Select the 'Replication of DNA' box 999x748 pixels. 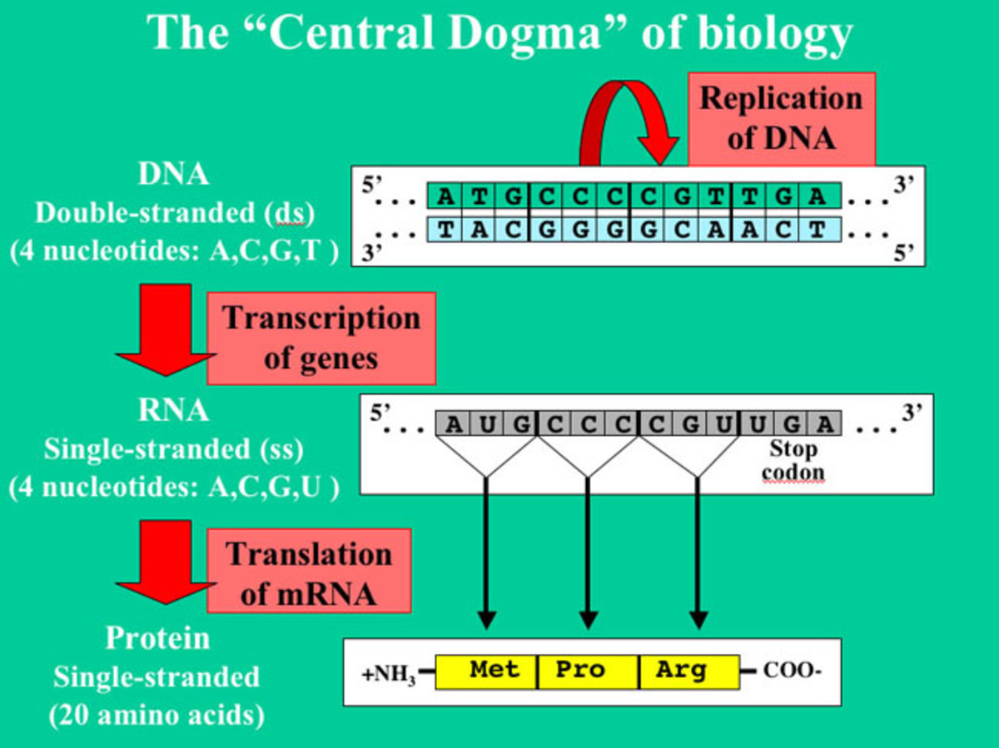tap(781, 118)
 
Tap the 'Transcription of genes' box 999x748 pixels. tap(321, 338)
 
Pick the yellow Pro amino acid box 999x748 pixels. tap(588, 671)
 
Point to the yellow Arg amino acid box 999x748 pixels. tap(688, 671)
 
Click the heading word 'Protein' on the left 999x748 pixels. tap(157, 639)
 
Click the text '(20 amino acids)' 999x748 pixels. tap(157, 715)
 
